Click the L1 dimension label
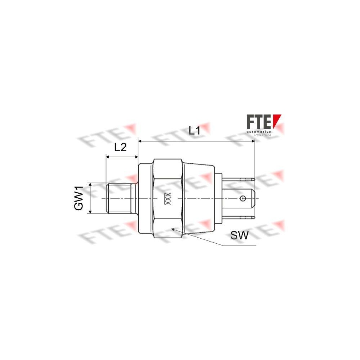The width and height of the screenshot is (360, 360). tap(194, 131)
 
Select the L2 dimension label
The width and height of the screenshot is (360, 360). tap(120, 147)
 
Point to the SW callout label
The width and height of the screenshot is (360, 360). tap(239, 236)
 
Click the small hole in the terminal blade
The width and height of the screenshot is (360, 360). tap(243, 198)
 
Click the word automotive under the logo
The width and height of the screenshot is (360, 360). tap(258, 132)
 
